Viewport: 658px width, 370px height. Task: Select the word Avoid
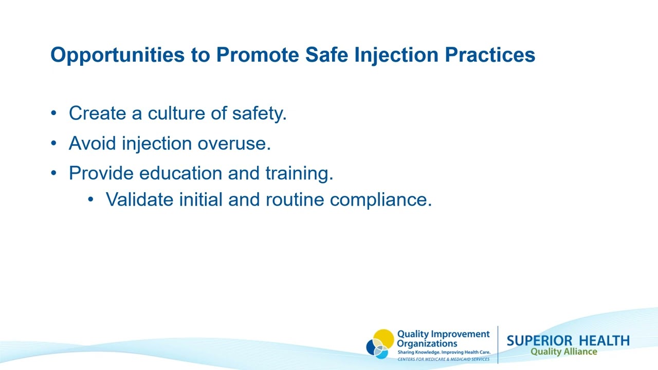pos(93,143)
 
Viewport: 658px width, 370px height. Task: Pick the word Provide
pos(101,173)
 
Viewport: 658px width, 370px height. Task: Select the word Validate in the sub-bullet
pos(139,199)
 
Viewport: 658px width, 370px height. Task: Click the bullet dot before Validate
pos(91,199)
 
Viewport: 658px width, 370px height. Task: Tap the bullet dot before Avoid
pos(54,143)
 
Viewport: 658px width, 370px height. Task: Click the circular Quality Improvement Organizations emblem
pos(380,344)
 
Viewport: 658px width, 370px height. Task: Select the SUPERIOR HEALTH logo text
pos(568,341)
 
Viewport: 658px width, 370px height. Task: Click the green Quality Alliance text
pos(564,352)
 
